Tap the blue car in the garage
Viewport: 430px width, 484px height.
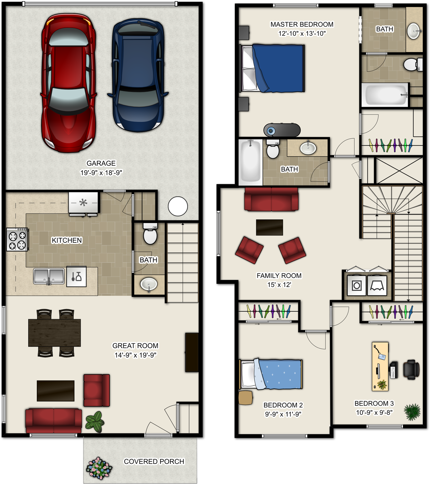pyautogui.click(x=138, y=76)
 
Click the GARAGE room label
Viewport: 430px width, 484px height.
pyautogui.click(x=101, y=163)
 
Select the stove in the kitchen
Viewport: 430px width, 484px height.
pyautogui.click(x=17, y=239)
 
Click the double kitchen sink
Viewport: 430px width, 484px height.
pyautogui.click(x=49, y=276)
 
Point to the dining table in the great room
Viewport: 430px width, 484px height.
pyautogui.click(x=54, y=333)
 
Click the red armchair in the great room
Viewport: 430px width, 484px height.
pyautogui.click(x=97, y=390)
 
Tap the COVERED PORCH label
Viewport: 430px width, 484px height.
pyautogui.click(x=154, y=461)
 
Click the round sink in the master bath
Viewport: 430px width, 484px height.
pyautogui.click(x=414, y=31)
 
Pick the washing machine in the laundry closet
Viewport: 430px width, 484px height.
pyautogui.click(x=357, y=286)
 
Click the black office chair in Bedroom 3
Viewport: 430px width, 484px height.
pyautogui.click(x=411, y=370)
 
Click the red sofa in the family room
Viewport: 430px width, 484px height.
pyautogui.click(x=271, y=199)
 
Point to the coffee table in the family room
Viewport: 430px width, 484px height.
pyautogui.click(x=269, y=227)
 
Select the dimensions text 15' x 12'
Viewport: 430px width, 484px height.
pyautogui.click(x=279, y=285)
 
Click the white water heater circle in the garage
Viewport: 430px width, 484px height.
pyautogui.click(x=178, y=206)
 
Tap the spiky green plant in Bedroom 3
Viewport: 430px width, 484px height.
pyautogui.click(x=412, y=412)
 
